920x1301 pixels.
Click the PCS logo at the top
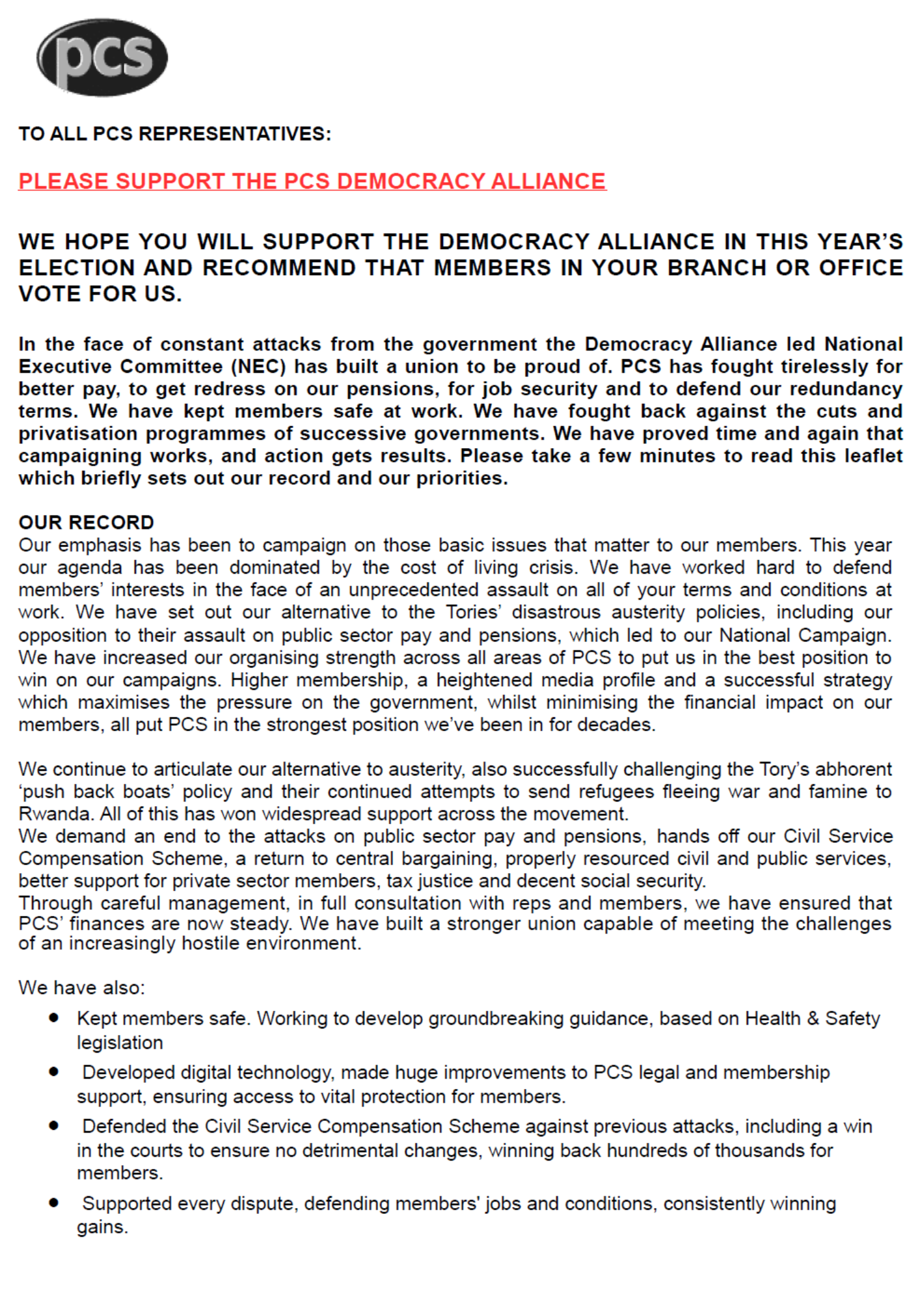[x=102, y=57]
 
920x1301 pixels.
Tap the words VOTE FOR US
[x=100, y=294]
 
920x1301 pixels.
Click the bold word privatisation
[x=78, y=434]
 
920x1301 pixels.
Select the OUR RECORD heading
[x=86, y=523]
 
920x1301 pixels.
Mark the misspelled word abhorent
[x=849, y=770]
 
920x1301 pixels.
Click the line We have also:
[x=81, y=988]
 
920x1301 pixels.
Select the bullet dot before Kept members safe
[x=54, y=1017]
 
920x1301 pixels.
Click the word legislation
[x=120, y=1043]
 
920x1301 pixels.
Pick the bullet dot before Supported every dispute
[x=54, y=1203]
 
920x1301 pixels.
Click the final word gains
[x=102, y=1227]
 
